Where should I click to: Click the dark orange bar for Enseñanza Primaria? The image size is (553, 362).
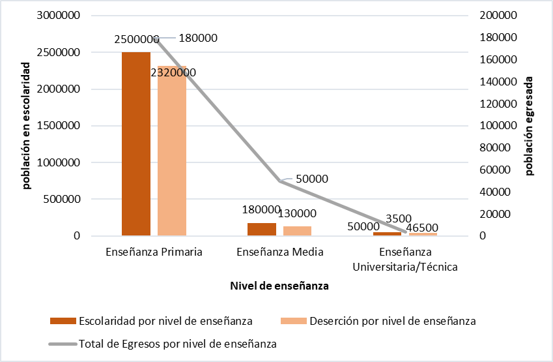click(x=136, y=143)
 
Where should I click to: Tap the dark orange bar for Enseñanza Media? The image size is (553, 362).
click(x=262, y=229)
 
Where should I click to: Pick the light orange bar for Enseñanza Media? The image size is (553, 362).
click(x=297, y=231)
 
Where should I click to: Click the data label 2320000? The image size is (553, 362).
click(x=173, y=73)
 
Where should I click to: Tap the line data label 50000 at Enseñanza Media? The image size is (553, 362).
click(x=311, y=179)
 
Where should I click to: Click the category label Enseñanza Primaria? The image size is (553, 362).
click(x=154, y=252)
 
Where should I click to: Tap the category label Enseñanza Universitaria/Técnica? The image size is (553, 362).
click(x=405, y=260)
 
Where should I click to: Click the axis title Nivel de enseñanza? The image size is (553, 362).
click(x=279, y=286)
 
